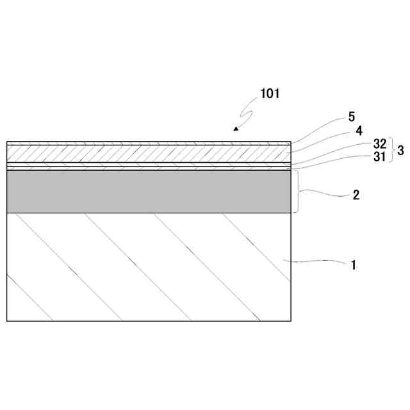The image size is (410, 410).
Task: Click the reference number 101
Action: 270,94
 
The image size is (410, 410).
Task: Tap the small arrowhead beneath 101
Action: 236,129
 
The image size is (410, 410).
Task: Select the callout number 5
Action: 352,117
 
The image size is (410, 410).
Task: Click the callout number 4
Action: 359,131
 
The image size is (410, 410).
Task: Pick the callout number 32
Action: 380,145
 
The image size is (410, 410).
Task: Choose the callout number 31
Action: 380,156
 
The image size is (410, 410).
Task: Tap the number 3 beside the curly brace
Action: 400,151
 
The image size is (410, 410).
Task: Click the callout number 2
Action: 356,195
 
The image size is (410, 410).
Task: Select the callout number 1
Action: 352,263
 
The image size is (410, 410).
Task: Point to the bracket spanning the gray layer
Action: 297,191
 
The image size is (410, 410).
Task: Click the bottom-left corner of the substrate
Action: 7,320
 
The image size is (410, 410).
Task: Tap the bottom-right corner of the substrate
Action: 291,320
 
